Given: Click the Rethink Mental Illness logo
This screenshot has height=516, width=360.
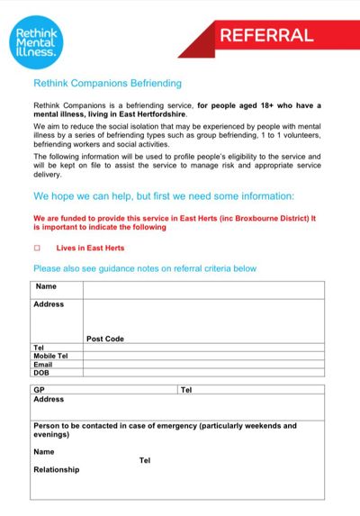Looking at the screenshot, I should pos(37,40).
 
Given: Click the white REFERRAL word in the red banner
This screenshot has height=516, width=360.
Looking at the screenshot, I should pos(266,36).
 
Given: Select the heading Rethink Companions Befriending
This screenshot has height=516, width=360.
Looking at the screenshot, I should pos(107,83).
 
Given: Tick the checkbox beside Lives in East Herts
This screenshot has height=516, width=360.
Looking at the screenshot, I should pos(37,248).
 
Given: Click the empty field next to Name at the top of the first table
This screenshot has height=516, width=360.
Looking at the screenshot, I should pos(203,289).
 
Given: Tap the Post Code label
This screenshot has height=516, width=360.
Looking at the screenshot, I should pos(105,339).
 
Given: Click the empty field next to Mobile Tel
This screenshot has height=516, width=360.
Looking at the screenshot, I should pos(203,356).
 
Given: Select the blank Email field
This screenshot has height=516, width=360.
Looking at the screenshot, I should pos(203,364).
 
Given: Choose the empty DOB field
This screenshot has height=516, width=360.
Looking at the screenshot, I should pos(203,372).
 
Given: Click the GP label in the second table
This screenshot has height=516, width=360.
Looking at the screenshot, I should pos(39,390).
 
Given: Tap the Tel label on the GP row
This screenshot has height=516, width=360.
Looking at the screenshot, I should pos(186,390).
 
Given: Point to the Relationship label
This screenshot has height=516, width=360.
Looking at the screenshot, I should pos(56,469).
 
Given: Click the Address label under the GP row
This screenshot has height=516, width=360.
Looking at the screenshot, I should pos(49,399).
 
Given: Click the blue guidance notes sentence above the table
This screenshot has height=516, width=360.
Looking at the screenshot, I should pos(145,268).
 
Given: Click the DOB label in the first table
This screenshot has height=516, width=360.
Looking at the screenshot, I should pos(41,372).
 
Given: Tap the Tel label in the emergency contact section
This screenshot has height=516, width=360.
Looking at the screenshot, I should pos(144,460).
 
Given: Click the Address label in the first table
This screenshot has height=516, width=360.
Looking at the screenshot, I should pos(49,304).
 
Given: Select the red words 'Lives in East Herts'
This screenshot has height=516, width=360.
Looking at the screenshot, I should pos(90,248).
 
